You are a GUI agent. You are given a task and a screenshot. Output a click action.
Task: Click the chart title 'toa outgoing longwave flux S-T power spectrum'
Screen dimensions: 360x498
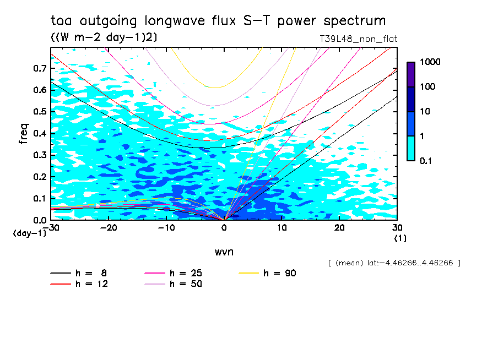pos(218,21)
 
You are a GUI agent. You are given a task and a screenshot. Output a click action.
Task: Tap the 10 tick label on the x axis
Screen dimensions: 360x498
pos(282,228)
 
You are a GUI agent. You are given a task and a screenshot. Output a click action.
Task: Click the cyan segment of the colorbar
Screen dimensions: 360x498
pos(411,148)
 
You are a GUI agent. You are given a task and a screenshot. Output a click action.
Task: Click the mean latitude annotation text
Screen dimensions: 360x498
pos(394,263)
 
